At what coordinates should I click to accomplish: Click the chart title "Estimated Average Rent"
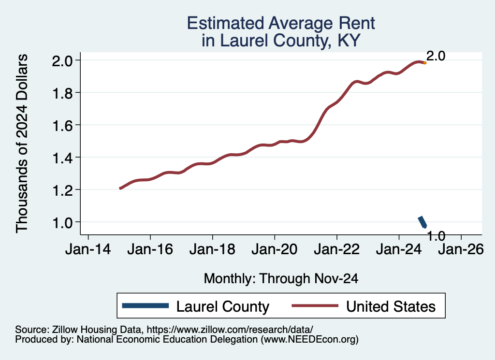point(281,23)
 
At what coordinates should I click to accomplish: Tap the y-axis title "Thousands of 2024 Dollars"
point(22,144)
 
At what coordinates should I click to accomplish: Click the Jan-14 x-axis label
point(88,250)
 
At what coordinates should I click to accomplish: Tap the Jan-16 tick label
point(150,250)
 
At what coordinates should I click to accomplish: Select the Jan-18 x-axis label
point(212,250)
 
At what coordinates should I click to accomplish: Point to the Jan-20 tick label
point(275,250)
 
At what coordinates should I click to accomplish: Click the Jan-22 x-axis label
point(336,250)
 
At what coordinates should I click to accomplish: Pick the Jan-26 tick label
point(461,250)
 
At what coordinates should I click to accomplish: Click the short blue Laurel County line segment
point(422,222)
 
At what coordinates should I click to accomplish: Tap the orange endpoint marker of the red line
point(424,63)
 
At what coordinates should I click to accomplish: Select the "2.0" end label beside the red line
point(436,56)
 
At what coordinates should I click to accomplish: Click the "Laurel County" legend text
point(222,306)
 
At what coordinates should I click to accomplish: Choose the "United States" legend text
point(391,306)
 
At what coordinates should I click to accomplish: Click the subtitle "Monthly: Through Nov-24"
point(281,278)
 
